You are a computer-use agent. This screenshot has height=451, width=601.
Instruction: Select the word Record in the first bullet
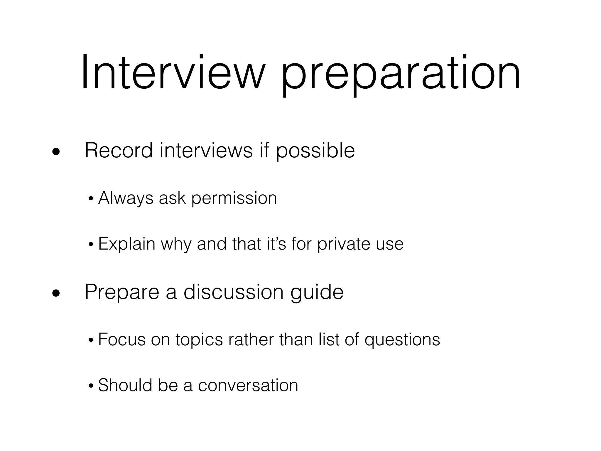click(x=119, y=151)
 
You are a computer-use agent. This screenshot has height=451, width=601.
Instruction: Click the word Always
click(x=126, y=198)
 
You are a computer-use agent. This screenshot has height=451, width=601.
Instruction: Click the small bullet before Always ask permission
click(x=91, y=199)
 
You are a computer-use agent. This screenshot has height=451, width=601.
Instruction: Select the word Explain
click(x=126, y=244)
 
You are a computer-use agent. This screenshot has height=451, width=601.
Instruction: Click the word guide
click(x=317, y=293)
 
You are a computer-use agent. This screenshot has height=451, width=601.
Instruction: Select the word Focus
click(x=122, y=339)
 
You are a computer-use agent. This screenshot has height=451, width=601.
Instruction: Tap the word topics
click(x=199, y=340)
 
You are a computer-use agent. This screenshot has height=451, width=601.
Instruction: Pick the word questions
click(x=402, y=340)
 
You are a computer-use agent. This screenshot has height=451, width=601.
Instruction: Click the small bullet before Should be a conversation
click(x=91, y=386)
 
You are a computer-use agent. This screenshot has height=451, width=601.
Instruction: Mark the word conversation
click(x=248, y=385)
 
